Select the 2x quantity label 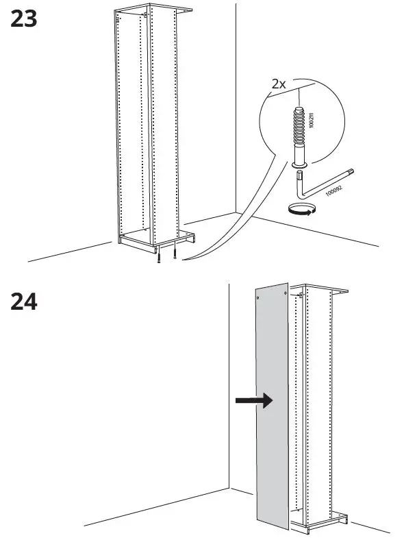[279, 84]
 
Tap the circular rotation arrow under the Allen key [302, 209]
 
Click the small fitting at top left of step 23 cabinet [118, 21]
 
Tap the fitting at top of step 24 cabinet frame [301, 295]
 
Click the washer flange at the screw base [299, 164]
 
